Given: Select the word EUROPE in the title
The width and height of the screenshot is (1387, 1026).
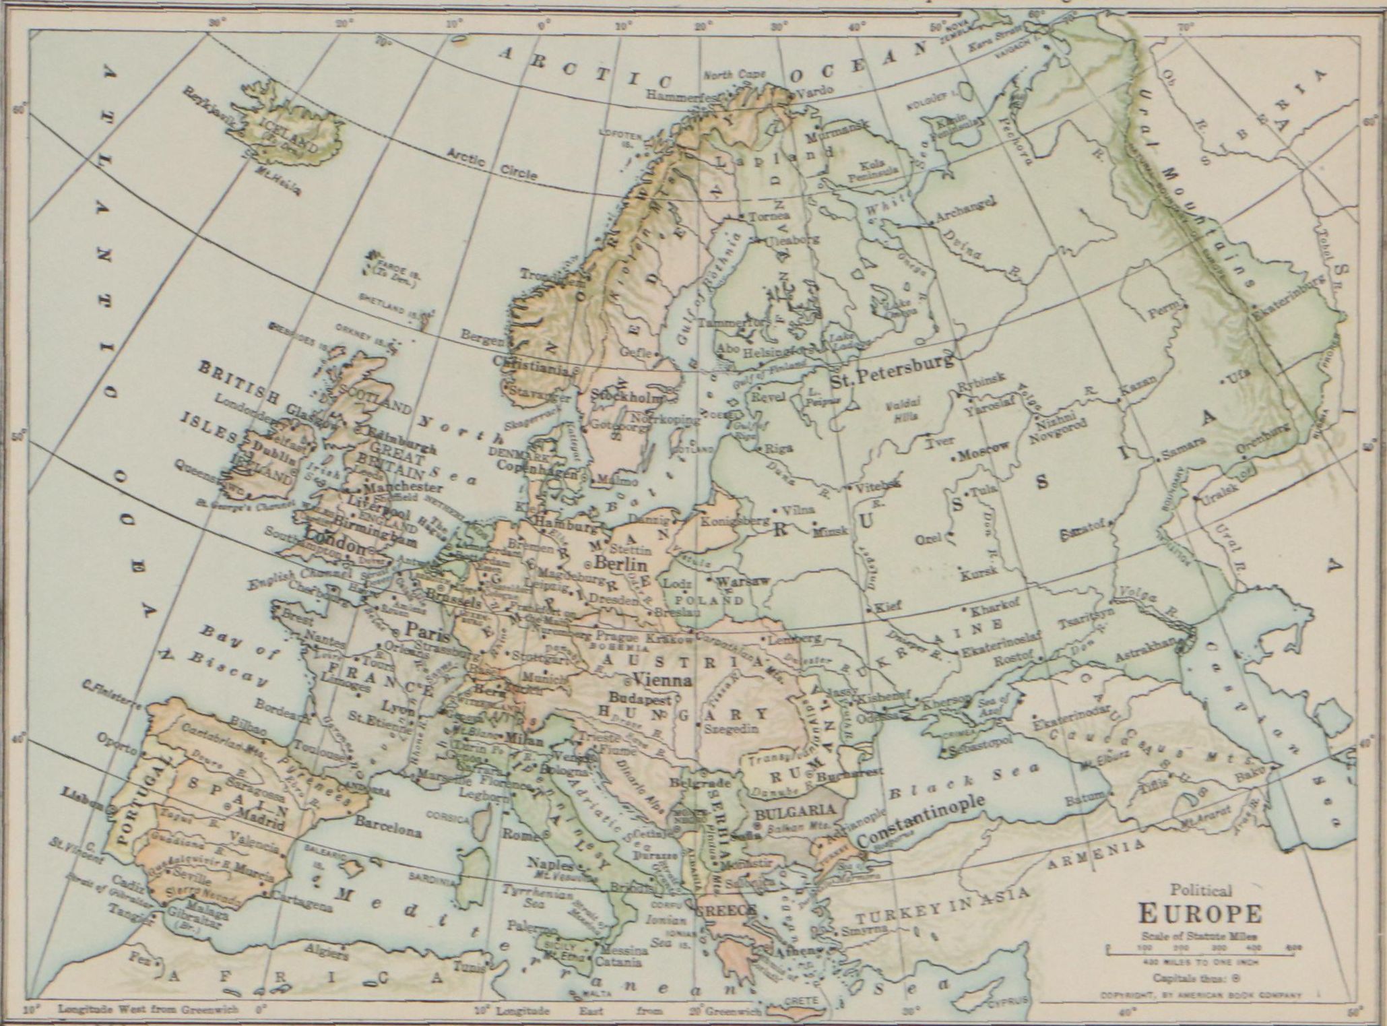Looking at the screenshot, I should pos(1199,914).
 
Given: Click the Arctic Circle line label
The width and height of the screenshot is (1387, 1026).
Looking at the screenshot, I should pos(492,164).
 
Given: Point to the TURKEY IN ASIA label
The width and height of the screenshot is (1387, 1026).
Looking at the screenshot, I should pos(943,906).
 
